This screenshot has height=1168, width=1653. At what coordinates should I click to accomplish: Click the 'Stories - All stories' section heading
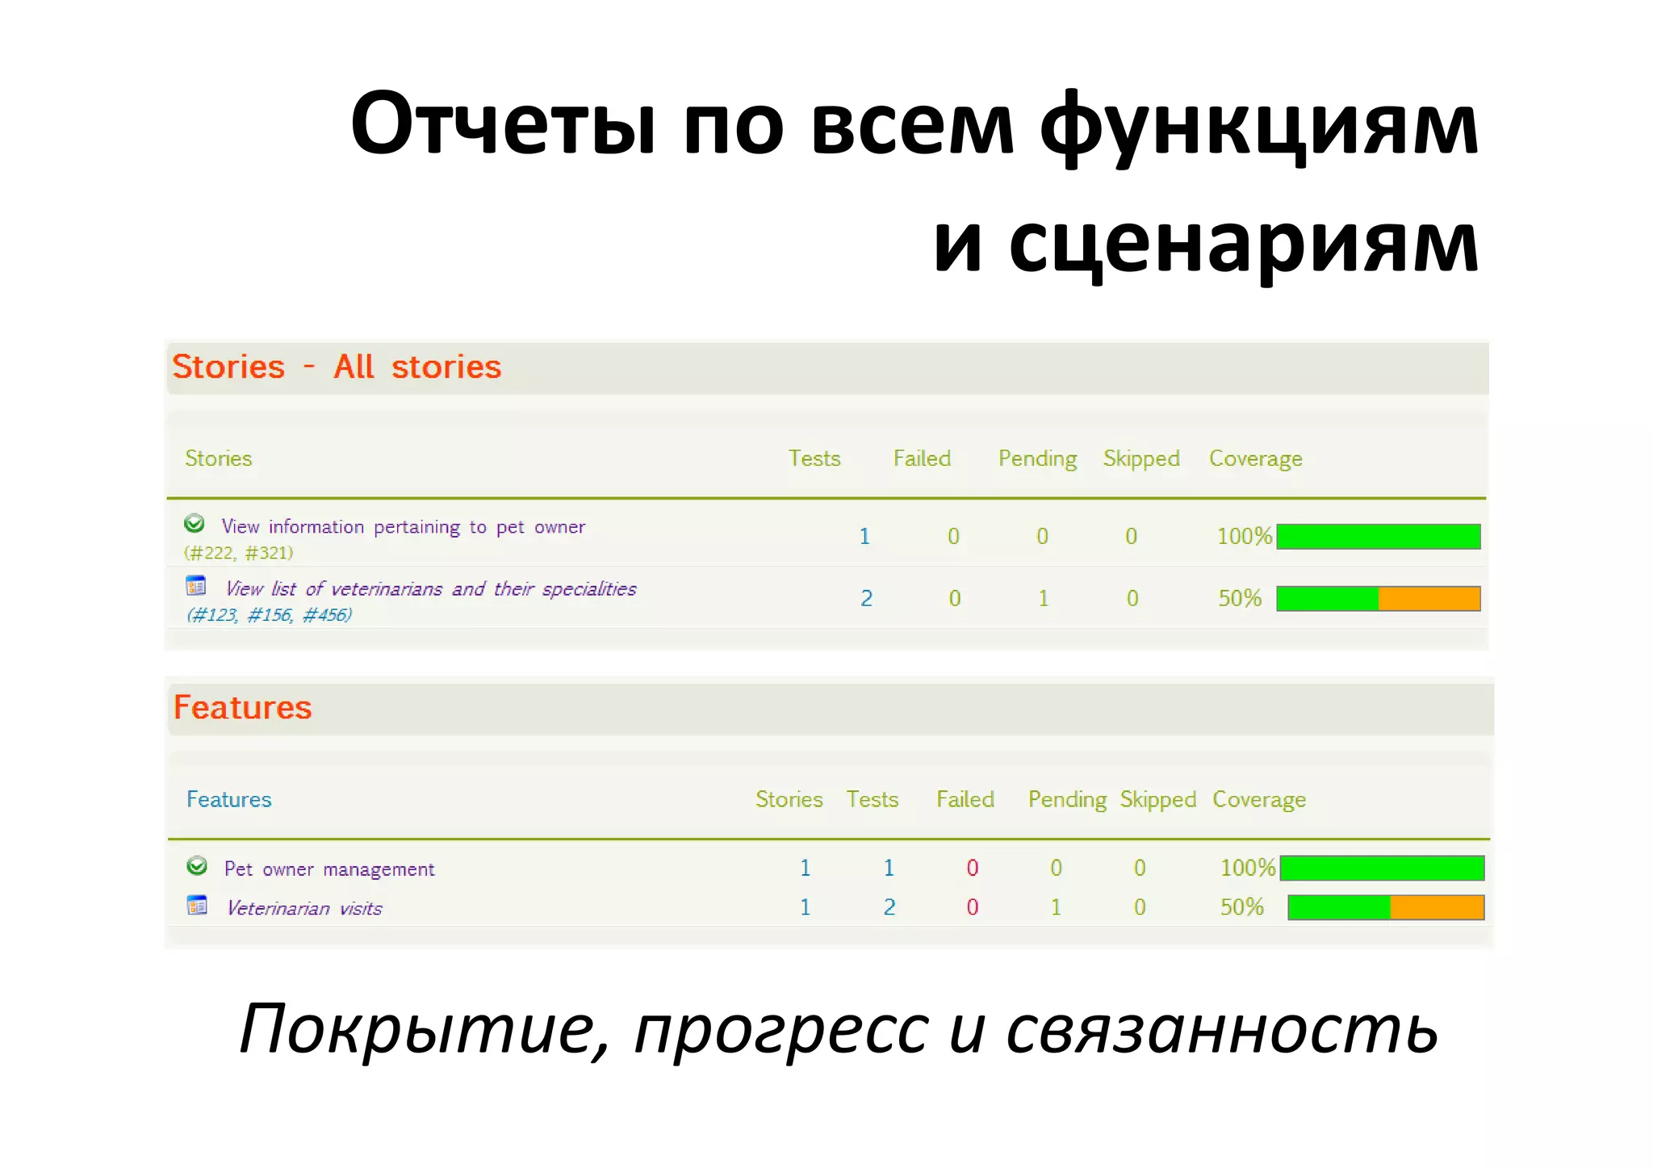coord(337,367)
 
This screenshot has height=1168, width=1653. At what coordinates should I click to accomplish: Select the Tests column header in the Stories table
coord(814,458)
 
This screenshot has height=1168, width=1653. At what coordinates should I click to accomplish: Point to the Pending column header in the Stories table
coord(1037,458)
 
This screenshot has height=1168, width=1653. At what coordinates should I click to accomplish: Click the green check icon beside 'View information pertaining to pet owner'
coord(195,524)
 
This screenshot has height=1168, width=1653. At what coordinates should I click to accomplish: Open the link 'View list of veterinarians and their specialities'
coord(430,589)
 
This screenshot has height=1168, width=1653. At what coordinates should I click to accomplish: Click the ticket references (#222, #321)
coord(239,553)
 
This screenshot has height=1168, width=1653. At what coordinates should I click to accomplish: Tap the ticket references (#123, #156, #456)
coord(270,615)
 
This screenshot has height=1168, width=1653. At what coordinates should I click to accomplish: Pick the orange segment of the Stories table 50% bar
coord(1429,599)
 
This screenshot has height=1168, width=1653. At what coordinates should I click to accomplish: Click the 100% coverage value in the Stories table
coord(1244,537)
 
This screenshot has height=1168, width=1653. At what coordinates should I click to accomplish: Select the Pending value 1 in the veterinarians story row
coord(1044,599)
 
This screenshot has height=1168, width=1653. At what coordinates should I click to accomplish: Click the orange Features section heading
coord(242,708)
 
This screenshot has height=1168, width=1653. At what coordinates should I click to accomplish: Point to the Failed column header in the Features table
coord(965,799)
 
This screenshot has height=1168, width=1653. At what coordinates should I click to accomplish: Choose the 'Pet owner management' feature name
coord(329,869)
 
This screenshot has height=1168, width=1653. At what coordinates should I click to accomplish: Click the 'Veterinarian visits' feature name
coord(304,909)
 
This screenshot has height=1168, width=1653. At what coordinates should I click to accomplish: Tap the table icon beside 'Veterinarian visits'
coord(197,906)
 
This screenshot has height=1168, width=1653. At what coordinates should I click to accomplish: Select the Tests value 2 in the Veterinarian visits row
coord(889,907)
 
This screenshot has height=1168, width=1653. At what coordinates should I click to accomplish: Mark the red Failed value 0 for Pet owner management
coord(973,869)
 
